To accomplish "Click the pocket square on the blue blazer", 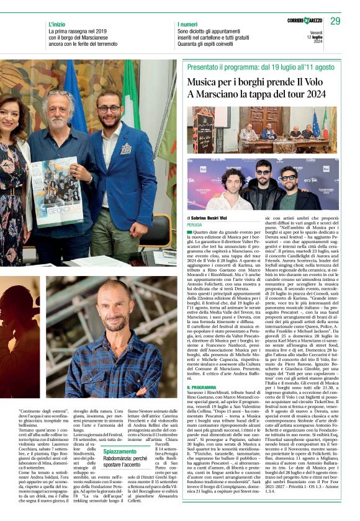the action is click(x=126, y=149).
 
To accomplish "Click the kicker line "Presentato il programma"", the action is click(x=217, y=66).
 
